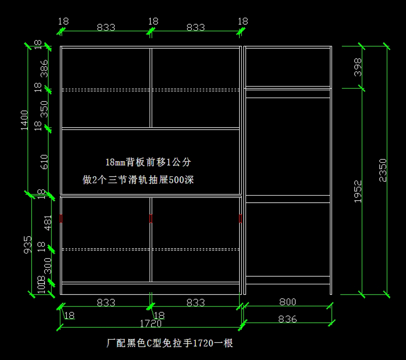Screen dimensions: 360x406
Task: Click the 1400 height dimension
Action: click(x=25, y=120)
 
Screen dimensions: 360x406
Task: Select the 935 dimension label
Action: click(x=28, y=244)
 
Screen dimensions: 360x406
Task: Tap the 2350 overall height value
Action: click(x=383, y=170)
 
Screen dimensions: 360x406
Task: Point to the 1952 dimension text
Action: click(x=358, y=191)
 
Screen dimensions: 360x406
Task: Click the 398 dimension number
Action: click(x=358, y=67)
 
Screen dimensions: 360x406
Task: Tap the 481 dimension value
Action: click(x=48, y=223)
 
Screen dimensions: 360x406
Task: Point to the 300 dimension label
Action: click(x=48, y=266)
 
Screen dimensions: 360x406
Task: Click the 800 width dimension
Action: click(x=288, y=302)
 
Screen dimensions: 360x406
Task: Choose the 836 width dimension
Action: click(x=288, y=319)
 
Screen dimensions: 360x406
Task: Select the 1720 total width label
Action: click(x=151, y=324)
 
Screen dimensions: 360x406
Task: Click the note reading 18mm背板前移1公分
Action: click(x=148, y=162)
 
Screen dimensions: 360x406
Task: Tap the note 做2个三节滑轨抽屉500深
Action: click(x=138, y=179)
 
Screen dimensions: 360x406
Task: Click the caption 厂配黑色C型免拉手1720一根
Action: click(x=170, y=343)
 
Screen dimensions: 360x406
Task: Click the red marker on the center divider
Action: click(x=151, y=219)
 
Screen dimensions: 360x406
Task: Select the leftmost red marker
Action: click(x=61, y=219)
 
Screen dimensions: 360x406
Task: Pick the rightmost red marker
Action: click(x=240, y=219)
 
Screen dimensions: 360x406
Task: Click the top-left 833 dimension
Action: click(x=106, y=27)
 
